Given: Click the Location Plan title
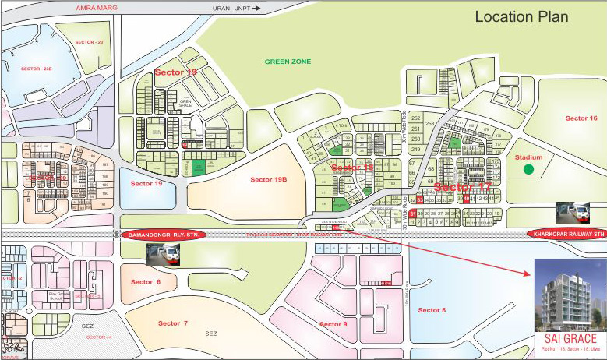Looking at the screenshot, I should tap(521, 16).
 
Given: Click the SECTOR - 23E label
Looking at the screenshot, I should tap(37, 69).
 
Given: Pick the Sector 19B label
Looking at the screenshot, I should tap(269, 179).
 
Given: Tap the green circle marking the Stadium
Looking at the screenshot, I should tap(528, 169).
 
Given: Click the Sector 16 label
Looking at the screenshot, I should tap(581, 118).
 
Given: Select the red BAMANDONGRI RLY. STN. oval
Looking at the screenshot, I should tap(162, 234).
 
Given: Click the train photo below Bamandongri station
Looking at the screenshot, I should tap(164, 253).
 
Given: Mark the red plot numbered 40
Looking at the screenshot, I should tap(466, 198).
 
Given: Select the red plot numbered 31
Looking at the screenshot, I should tap(413, 213).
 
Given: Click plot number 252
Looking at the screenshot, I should tap(415, 118).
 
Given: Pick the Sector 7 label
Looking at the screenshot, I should tap(173, 323).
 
